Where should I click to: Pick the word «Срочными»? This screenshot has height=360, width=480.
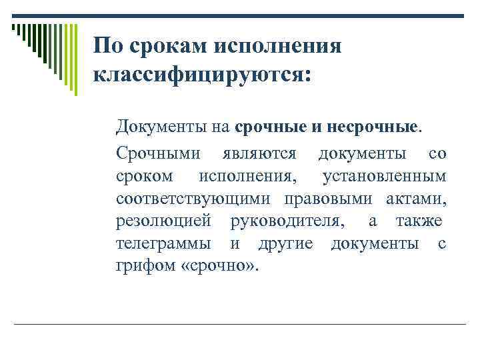tap(158, 154)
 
